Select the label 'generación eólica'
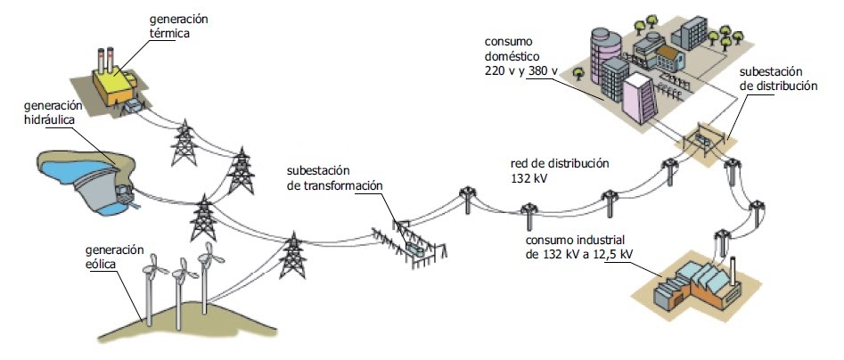[x=114, y=257]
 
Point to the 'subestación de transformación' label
[x=334, y=177]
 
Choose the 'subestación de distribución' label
[x=778, y=79]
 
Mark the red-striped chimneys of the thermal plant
[x=109, y=57]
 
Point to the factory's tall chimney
[x=733, y=268]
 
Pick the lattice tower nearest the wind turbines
[x=291, y=257]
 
